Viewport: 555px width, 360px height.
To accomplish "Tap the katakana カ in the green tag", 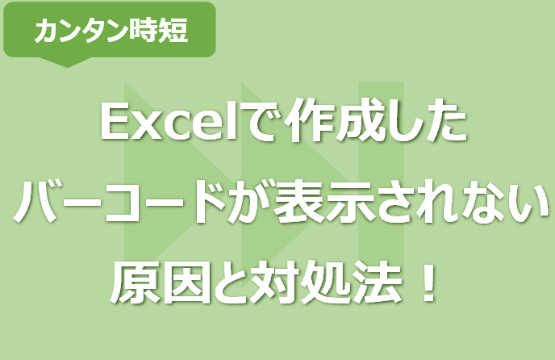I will click(x=48, y=31).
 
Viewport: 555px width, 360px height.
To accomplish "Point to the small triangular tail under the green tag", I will click(x=60, y=62).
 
